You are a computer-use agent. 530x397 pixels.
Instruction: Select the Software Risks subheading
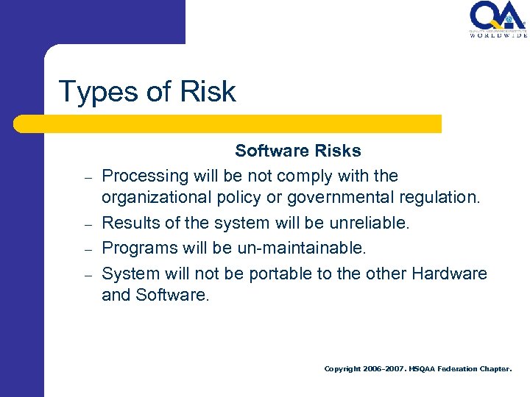click(x=298, y=151)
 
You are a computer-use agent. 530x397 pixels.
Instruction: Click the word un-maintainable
click(x=301, y=248)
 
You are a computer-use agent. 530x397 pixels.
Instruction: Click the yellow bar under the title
click(x=228, y=124)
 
